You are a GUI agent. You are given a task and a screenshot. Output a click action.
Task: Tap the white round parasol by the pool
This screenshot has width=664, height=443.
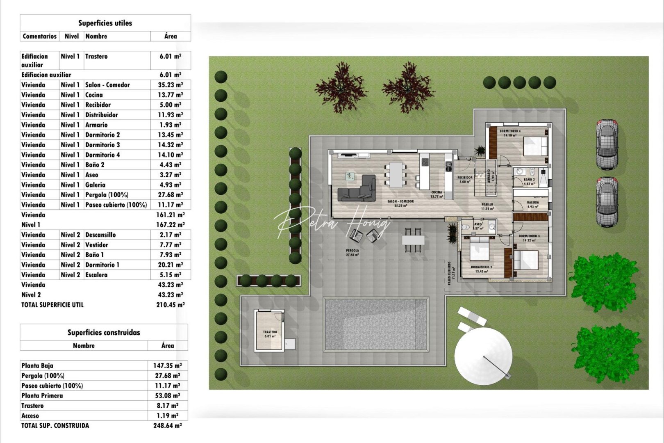483,357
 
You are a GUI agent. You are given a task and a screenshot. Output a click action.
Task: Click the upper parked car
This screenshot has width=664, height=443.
607,144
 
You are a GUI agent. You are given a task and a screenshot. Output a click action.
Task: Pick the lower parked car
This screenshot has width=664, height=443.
607,201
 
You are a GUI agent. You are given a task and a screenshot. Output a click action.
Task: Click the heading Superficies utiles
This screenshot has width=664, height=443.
105,23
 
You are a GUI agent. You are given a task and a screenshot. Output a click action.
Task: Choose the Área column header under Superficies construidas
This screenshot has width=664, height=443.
168,346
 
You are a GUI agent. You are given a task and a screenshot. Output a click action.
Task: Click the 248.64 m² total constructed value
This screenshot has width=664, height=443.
167,426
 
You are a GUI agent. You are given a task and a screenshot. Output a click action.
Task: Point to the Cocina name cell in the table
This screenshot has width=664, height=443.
94,95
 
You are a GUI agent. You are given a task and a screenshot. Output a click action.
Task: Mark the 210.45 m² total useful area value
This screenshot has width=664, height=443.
170,305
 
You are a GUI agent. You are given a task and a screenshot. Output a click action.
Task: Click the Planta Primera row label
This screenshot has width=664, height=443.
42,396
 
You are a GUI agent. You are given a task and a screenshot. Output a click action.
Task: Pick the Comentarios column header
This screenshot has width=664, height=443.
40,36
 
